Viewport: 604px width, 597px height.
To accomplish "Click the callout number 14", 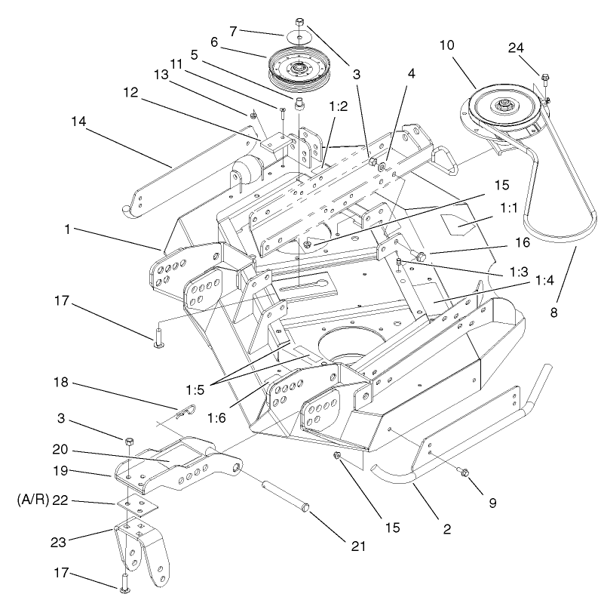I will click(x=78, y=121).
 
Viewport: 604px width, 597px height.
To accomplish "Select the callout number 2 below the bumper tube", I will click(x=446, y=529).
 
